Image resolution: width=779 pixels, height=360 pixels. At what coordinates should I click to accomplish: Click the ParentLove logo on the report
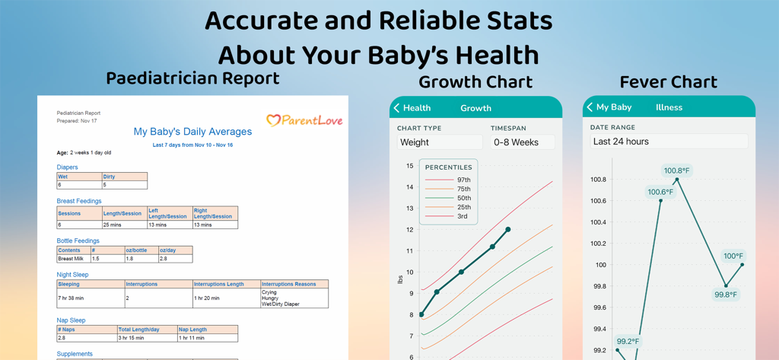point(304,120)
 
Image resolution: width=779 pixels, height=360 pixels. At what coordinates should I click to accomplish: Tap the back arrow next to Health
point(397,108)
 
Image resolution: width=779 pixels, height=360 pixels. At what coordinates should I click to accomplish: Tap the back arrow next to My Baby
point(590,107)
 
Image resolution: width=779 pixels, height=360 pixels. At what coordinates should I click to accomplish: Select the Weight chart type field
point(440,142)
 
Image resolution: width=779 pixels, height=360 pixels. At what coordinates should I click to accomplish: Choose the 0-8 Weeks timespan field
point(522,142)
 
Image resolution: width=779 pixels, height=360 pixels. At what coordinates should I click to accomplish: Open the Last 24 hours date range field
point(668,142)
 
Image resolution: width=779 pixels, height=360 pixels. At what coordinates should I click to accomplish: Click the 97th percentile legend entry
point(450,180)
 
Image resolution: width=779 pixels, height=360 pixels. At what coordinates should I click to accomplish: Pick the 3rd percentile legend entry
point(450,216)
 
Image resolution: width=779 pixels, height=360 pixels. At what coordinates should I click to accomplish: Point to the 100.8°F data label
point(677,170)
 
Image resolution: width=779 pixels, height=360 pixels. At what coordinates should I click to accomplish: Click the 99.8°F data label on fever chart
point(726,295)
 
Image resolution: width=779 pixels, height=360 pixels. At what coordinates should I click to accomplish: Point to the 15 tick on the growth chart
point(410,166)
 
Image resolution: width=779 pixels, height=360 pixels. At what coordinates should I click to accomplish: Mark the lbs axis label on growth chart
point(401,279)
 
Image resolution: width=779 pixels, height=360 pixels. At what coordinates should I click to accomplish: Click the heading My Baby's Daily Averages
point(192,132)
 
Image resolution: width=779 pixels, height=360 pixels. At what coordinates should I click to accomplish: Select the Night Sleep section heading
point(72,275)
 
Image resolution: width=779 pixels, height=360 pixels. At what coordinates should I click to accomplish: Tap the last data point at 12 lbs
point(508,229)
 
